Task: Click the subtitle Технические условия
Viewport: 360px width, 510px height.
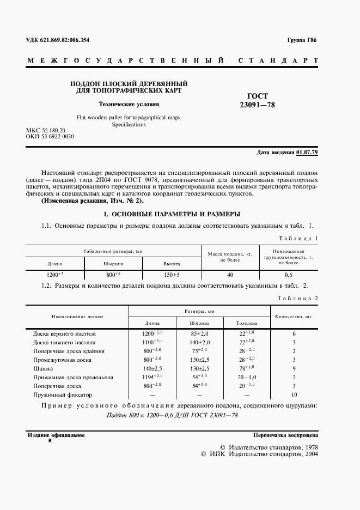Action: tap(129, 104)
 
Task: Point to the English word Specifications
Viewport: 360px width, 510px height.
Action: tap(129, 124)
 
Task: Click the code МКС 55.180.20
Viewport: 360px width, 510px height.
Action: tap(46, 131)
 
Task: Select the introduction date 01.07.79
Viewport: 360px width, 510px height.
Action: tap(307, 152)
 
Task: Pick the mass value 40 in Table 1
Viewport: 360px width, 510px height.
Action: tap(230, 275)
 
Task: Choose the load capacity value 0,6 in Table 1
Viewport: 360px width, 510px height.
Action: tap(289, 275)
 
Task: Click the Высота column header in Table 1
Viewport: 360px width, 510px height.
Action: tap(172, 262)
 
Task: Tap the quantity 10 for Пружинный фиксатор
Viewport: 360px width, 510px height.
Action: tap(294, 394)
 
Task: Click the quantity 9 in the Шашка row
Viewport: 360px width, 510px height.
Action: tap(294, 368)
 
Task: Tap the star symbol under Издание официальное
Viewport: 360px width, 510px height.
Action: tap(50, 440)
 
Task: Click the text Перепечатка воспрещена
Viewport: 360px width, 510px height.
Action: tap(285, 435)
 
